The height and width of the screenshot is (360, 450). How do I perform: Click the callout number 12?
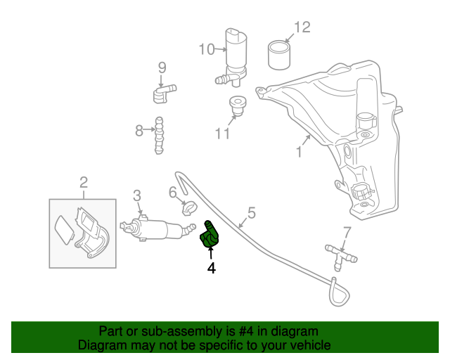(x=302, y=27)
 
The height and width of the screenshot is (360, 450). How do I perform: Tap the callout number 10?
(x=206, y=49)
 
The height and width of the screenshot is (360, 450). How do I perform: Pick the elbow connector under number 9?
(x=163, y=91)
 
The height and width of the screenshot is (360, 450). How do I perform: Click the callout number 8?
(x=139, y=130)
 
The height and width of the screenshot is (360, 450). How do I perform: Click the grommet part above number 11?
(x=237, y=105)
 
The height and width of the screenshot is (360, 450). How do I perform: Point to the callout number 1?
(x=299, y=151)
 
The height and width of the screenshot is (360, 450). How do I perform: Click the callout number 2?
(x=84, y=184)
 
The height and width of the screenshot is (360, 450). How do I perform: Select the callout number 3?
(x=137, y=195)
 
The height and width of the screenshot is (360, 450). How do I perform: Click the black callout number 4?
(x=211, y=267)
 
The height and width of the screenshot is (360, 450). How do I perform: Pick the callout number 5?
(x=251, y=212)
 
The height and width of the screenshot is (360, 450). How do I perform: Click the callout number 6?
(x=172, y=192)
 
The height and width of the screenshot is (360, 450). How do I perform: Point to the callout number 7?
(x=346, y=232)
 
